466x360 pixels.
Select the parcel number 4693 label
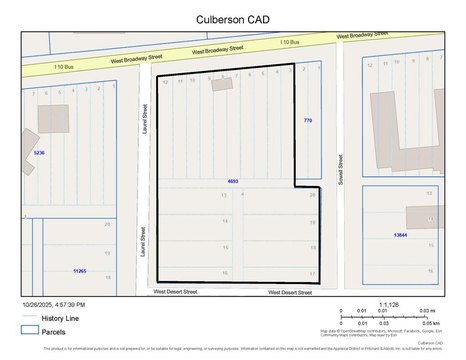coord(233,181)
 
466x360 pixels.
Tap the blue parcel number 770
coord(308,120)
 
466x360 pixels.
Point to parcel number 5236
coord(39,153)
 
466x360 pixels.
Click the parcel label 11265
coord(80,270)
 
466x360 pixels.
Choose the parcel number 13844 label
coord(401,234)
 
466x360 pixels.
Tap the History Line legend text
coord(61,318)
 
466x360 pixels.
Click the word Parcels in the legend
coord(55,330)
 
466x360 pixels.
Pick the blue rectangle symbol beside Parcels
coord(30,330)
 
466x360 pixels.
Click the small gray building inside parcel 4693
coord(220,86)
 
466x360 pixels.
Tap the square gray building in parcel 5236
coord(54,119)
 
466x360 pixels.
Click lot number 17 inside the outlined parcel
coord(313,272)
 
